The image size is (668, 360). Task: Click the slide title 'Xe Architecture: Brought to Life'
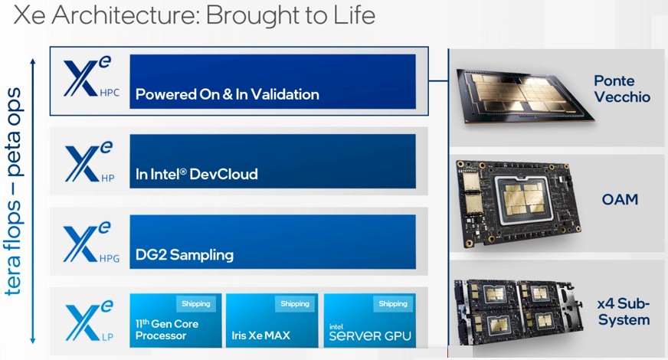pos(195,16)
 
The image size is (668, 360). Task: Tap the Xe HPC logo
pos(91,77)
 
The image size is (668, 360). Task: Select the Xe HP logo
pos(90,162)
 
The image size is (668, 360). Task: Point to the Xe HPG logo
pos(91,242)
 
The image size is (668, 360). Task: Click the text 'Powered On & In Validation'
pos(227,94)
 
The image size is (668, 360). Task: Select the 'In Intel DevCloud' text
pos(196,174)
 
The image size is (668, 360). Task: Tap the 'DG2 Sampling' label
pos(185,255)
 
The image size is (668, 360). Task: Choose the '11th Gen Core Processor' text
pos(167,329)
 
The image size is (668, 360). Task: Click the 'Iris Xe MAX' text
pos(260,335)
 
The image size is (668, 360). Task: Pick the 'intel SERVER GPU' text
pos(370,332)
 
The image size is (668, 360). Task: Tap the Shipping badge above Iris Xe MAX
pos(295,304)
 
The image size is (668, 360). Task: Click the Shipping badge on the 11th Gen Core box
pos(196,304)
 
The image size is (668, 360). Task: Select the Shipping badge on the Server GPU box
pos(393,304)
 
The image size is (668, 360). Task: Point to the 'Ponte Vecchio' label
pos(622,89)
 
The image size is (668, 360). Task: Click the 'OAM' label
pos(620,199)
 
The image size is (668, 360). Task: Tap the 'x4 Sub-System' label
pos(624,312)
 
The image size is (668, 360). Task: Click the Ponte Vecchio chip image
pos(525,96)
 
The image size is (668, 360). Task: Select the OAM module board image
pos(519,203)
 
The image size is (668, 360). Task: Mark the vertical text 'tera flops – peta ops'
pos(13,191)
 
